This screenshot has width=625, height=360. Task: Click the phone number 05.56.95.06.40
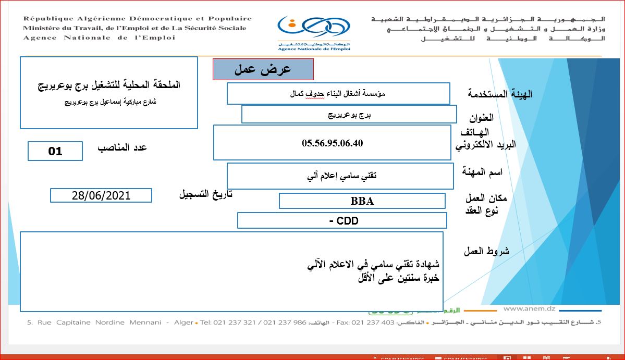(332, 143)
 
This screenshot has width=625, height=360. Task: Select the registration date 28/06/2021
(101, 195)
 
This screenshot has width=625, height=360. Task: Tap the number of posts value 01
(55, 151)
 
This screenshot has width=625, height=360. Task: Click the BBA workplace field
(362, 201)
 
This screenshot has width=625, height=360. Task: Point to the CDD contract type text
(344, 221)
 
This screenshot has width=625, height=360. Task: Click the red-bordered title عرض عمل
(263, 69)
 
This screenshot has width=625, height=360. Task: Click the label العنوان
(481, 118)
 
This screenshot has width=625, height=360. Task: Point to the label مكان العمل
(486, 198)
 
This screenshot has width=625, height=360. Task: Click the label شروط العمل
(486, 251)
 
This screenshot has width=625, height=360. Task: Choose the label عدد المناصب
(122, 147)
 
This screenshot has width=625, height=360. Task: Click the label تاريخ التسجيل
(205, 195)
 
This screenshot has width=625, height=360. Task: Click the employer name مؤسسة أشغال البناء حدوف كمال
(338, 94)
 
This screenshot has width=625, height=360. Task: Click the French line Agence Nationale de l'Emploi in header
(99, 38)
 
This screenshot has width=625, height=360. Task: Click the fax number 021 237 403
(373, 322)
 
